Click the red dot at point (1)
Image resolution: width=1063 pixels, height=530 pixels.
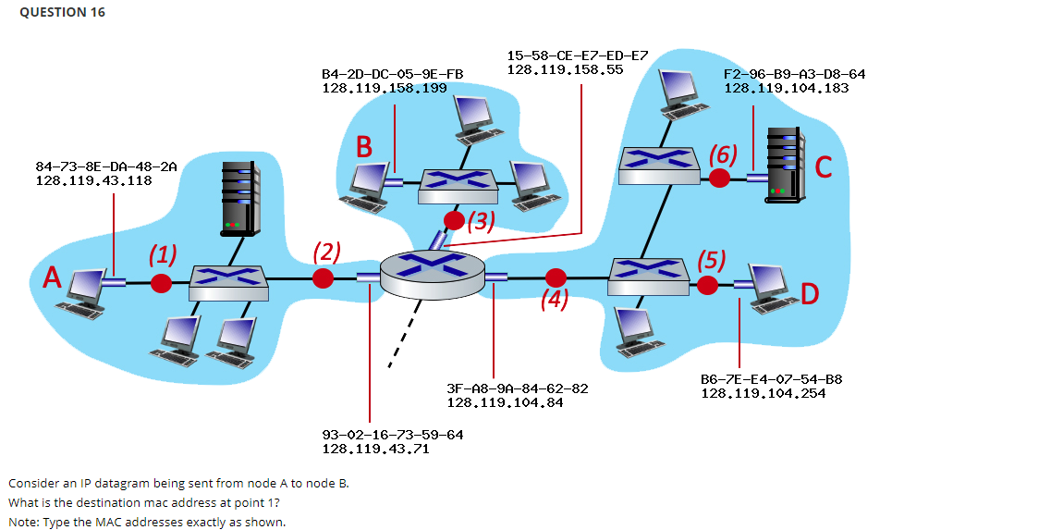pyautogui.click(x=162, y=281)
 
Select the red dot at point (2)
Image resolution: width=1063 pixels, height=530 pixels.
pyautogui.click(x=323, y=278)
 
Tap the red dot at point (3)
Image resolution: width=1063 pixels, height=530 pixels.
pyautogui.click(x=455, y=220)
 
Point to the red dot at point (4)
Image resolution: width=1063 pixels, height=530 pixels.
pyautogui.click(x=556, y=277)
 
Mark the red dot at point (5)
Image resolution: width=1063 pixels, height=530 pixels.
pyautogui.click(x=708, y=285)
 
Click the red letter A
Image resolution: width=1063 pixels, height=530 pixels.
pyautogui.click(x=52, y=277)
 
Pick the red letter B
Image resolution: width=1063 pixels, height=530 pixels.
pyautogui.click(x=365, y=147)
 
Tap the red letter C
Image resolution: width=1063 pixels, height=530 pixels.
pyautogui.click(x=825, y=167)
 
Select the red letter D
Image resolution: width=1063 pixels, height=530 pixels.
pyautogui.click(x=811, y=295)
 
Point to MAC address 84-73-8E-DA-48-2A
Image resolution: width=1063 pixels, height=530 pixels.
pyautogui.click(x=105, y=166)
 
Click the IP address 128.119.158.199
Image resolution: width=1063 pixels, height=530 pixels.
pyautogui.click(x=384, y=88)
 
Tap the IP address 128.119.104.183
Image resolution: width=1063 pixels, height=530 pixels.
pyautogui.click(x=786, y=88)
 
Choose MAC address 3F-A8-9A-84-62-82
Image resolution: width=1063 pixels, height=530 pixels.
pyautogui.click(x=517, y=388)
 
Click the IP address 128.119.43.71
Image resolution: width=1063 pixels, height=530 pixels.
pyautogui.click(x=374, y=449)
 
